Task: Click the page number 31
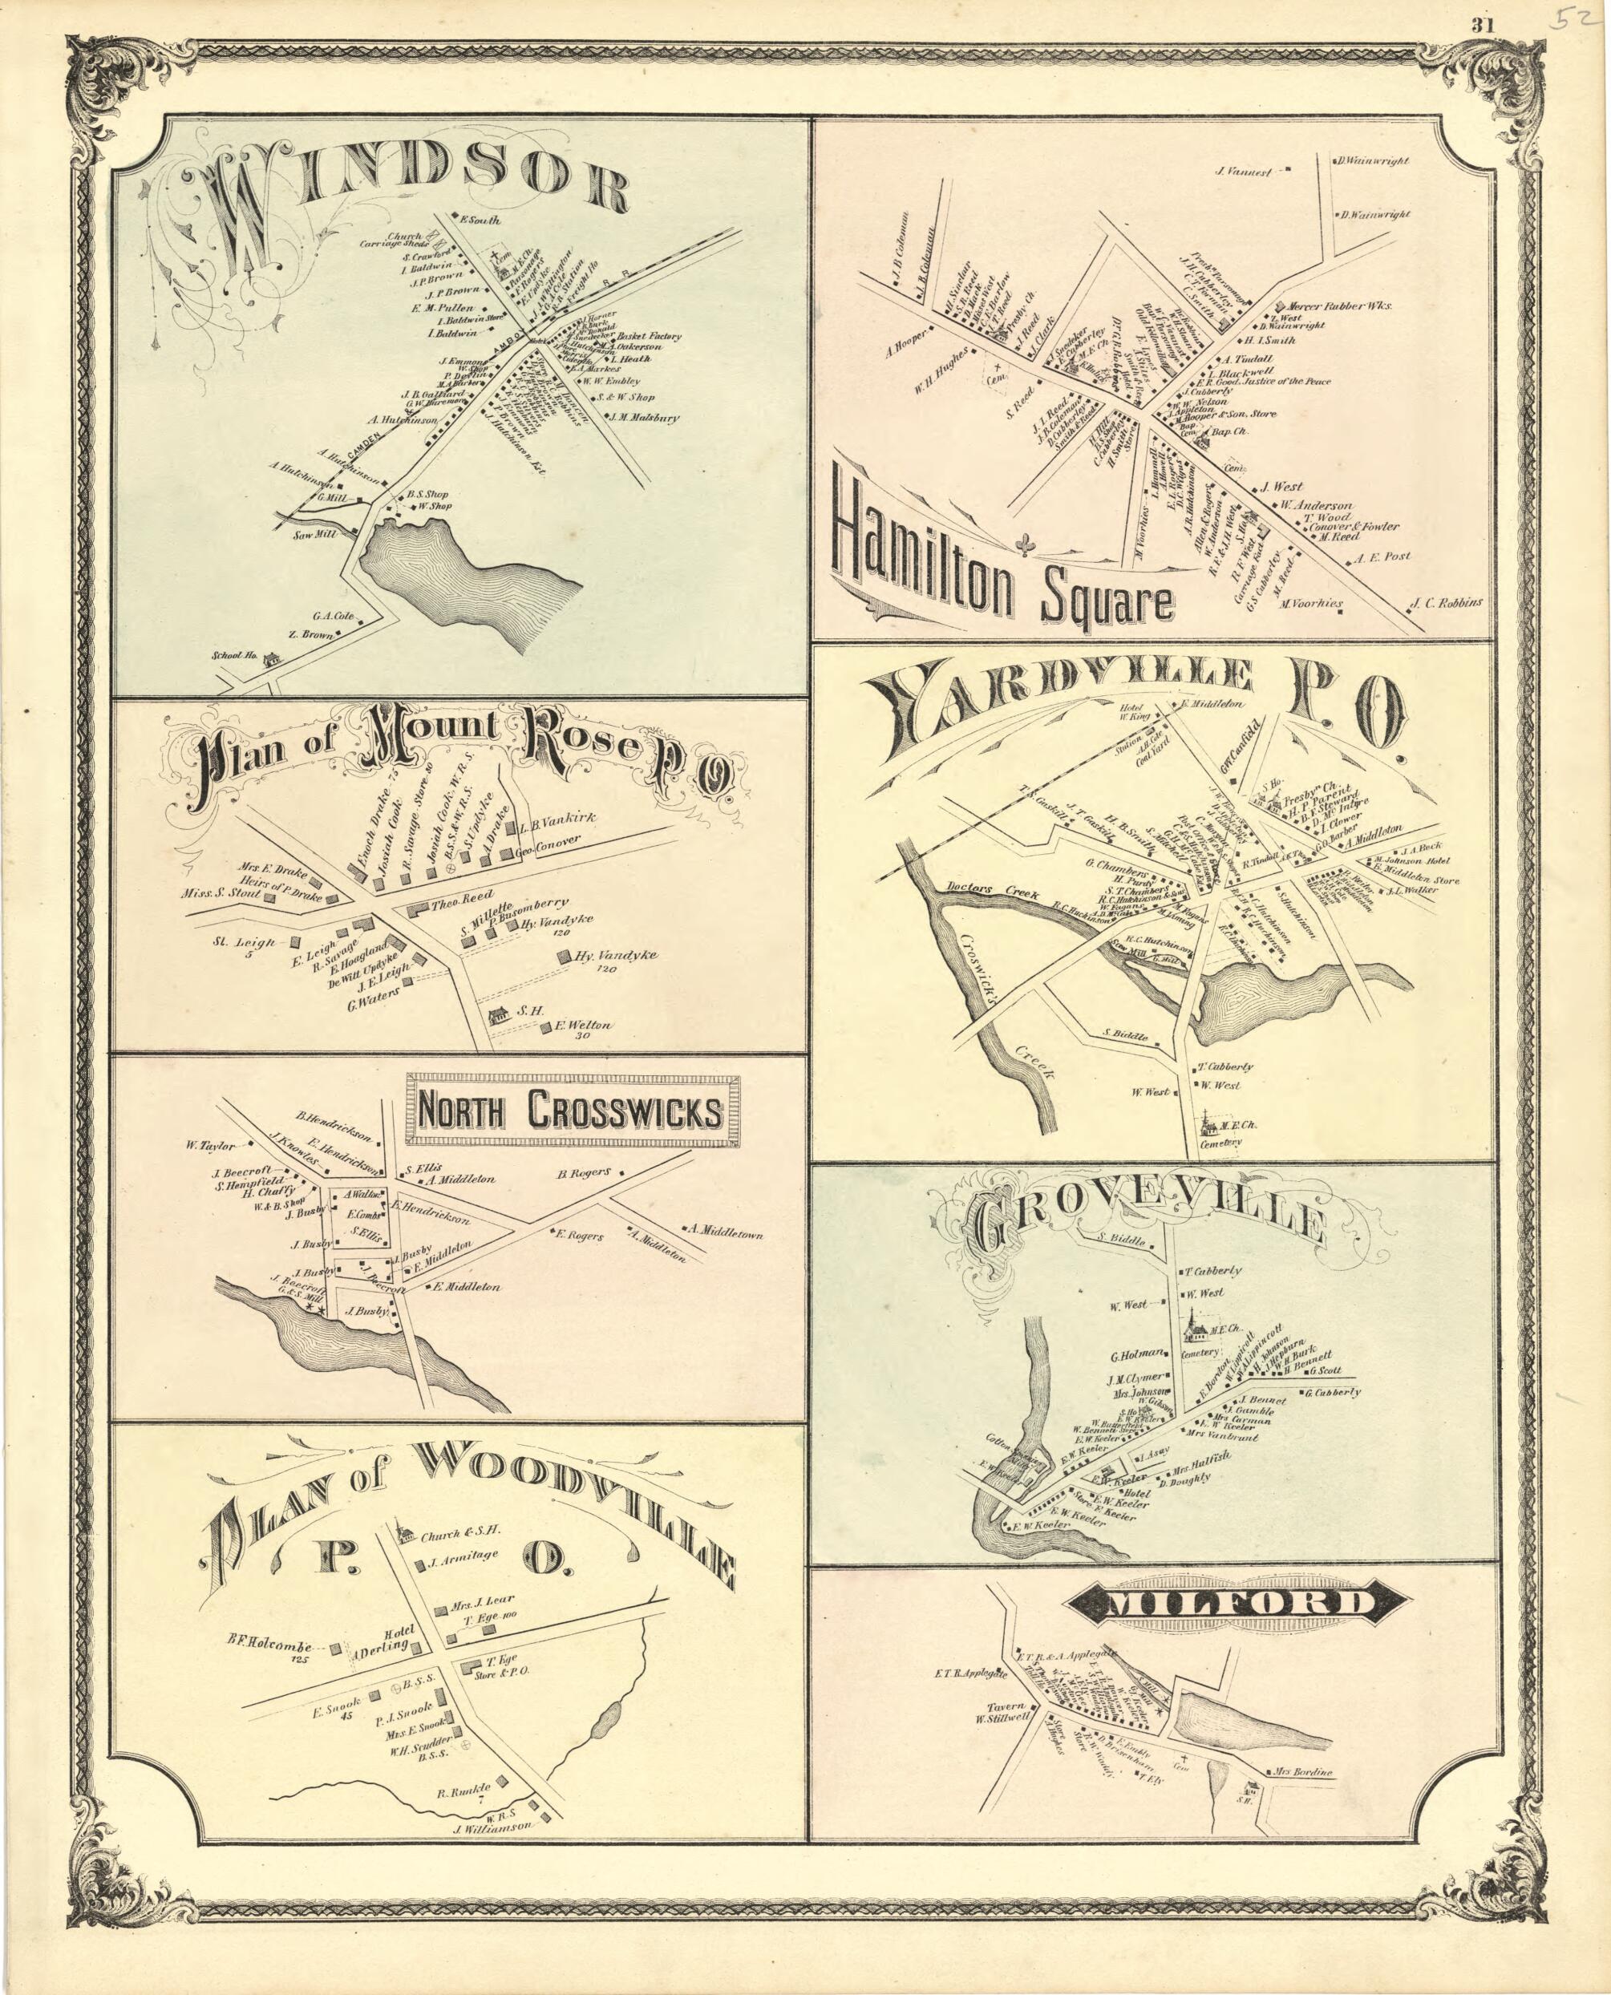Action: click(1480, 25)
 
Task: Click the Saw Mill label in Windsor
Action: click(314, 535)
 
